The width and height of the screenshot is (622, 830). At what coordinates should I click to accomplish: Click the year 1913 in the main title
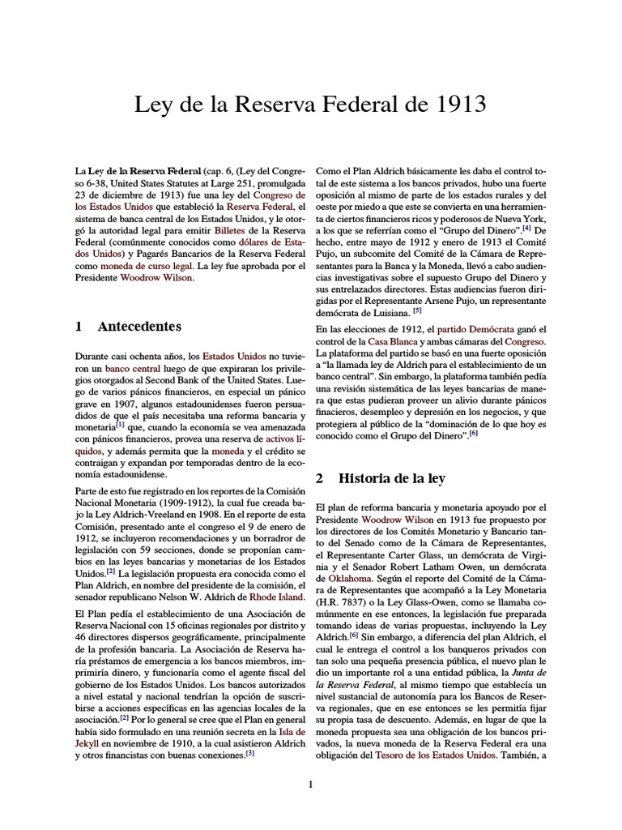pos(460,105)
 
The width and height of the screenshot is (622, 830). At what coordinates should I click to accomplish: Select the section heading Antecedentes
pos(139,327)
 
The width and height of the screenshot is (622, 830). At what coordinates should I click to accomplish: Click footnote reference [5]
pos(417,310)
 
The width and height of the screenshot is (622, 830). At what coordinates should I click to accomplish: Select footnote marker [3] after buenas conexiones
pos(250,753)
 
